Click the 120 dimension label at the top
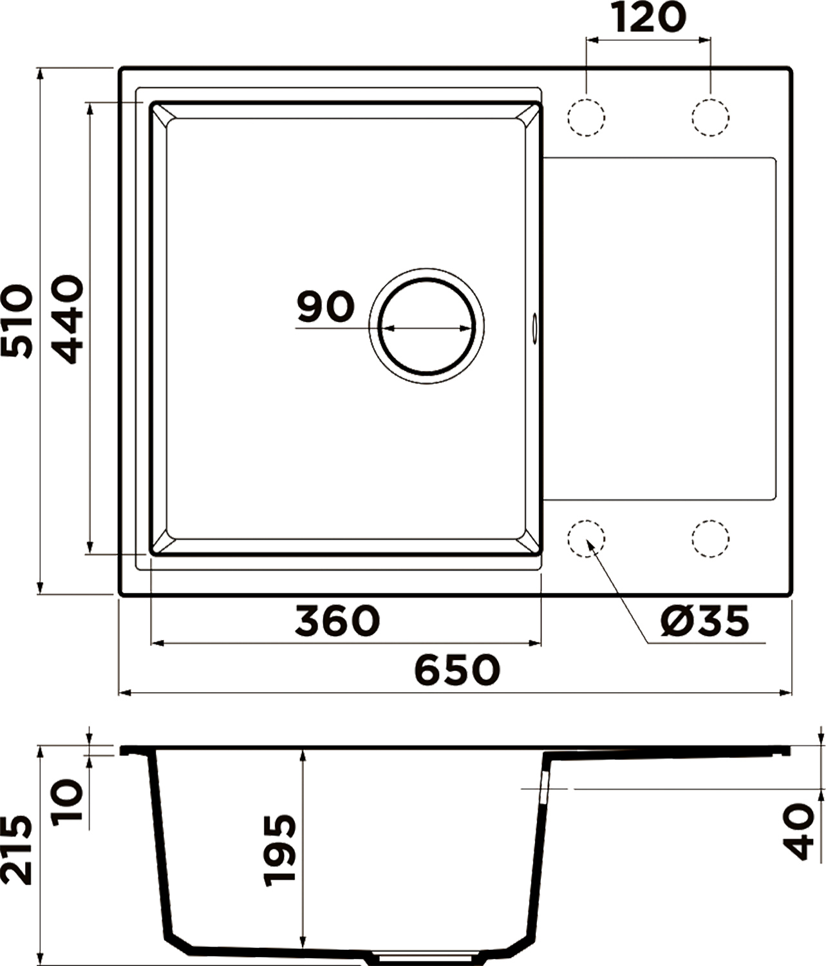coord(649,18)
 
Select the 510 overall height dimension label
coord(17,321)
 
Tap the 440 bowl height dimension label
coord(67,319)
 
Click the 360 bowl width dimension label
coord(337,621)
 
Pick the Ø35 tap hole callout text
coord(704,621)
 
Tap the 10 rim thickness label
coord(67,802)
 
